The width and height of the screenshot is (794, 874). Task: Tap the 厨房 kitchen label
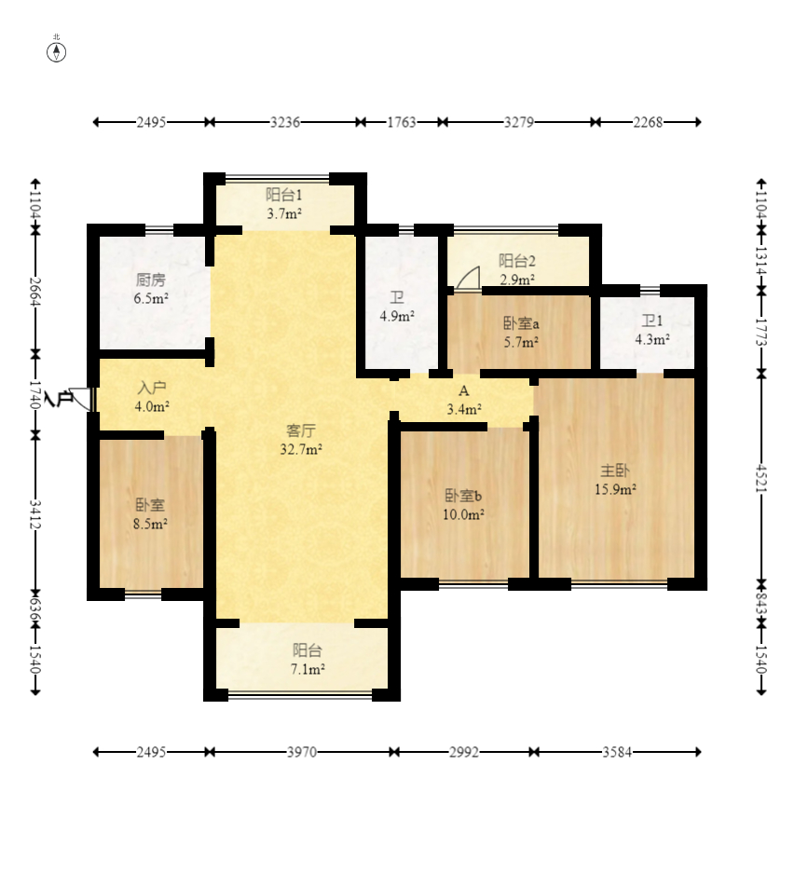(151, 280)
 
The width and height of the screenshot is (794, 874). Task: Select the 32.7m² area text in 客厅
(301, 449)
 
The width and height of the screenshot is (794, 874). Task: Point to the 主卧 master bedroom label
(615, 471)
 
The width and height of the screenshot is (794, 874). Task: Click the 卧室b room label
(463, 495)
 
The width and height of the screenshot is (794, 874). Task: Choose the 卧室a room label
(521, 323)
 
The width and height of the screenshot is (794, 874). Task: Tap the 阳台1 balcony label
(284, 195)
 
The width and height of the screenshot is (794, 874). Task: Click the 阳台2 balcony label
(517, 260)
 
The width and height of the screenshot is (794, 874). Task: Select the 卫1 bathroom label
(651, 321)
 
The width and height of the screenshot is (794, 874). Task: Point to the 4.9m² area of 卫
(397, 316)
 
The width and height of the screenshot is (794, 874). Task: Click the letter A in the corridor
(463, 390)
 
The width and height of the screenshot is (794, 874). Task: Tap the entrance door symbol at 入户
(81, 399)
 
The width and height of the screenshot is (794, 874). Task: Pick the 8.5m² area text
(151, 524)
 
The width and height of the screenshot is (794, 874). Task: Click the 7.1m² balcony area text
(308, 669)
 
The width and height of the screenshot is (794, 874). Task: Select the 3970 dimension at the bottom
(302, 752)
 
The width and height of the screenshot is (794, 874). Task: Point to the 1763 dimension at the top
(402, 121)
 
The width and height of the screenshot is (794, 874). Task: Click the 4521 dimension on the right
(761, 478)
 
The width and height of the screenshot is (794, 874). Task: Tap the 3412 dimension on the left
(35, 514)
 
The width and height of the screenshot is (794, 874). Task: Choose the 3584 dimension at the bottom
(617, 752)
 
